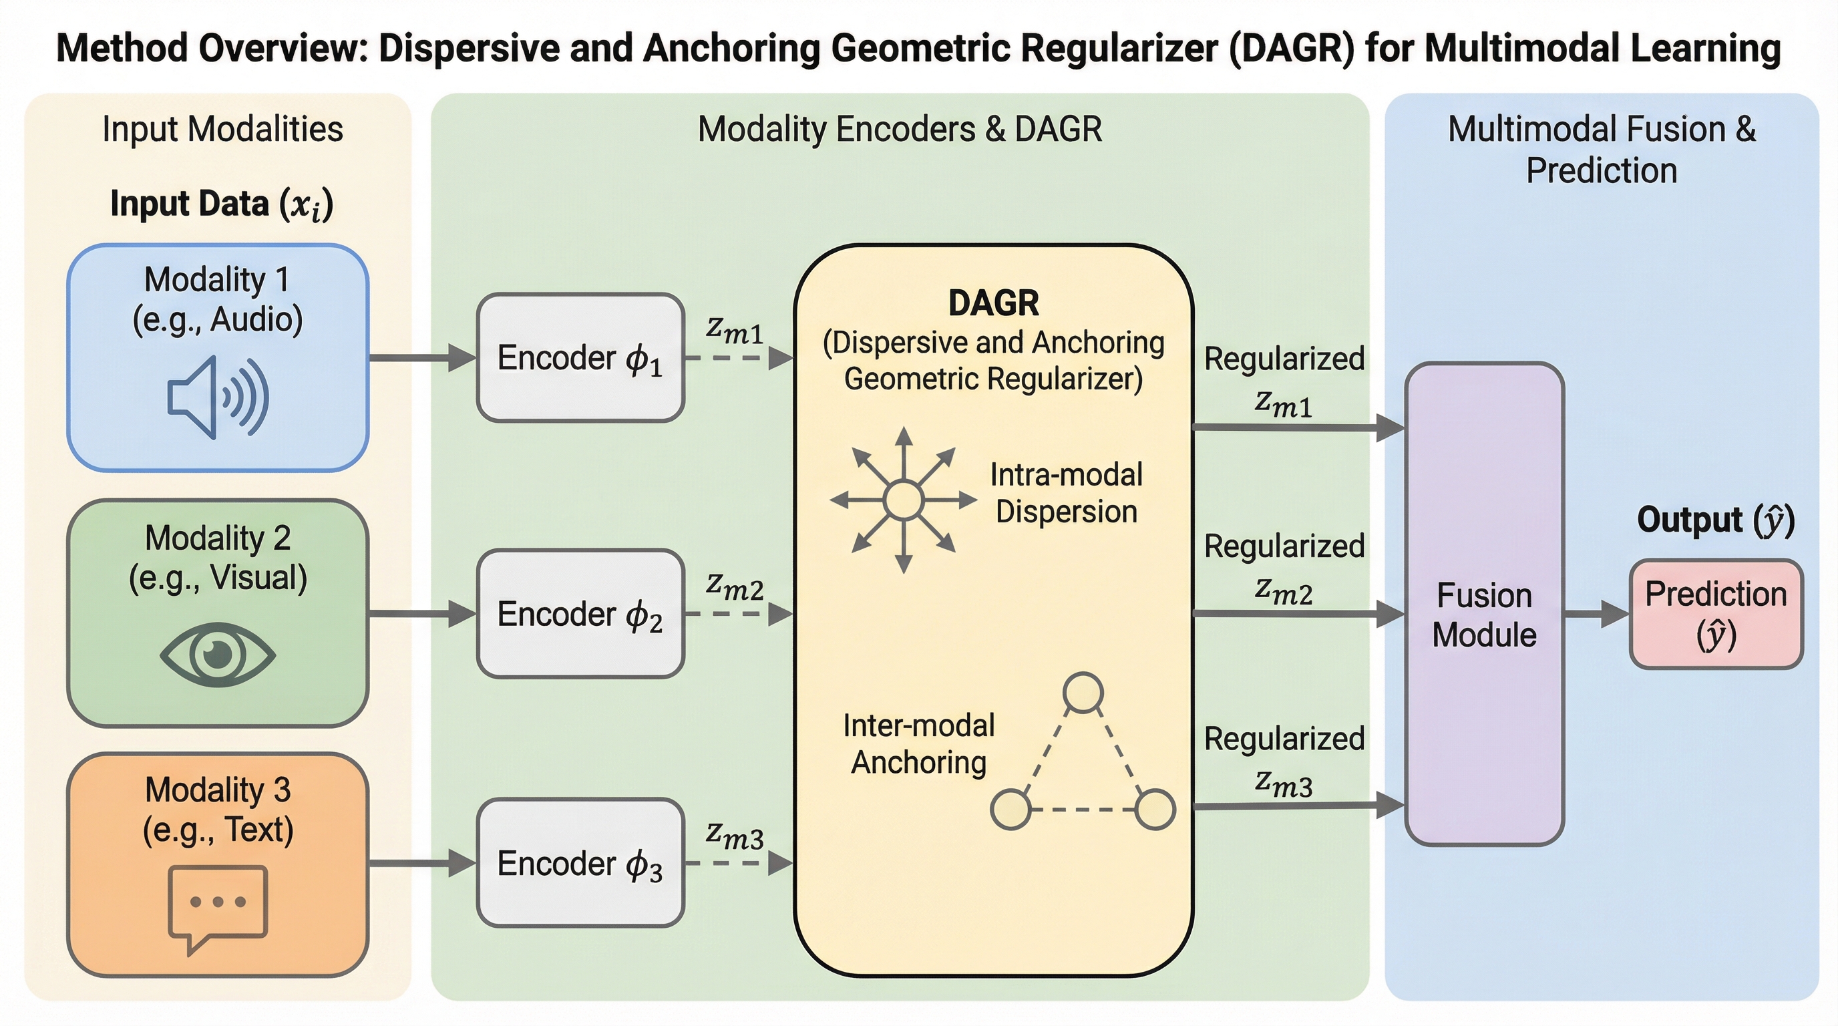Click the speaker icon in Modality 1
[x=218, y=397]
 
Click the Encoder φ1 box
[x=580, y=357]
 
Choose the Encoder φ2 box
[x=580, y=614]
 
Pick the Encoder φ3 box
[x=580, y=862]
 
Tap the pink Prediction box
[x=1716, y=615]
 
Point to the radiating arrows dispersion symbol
[x=903, y=500]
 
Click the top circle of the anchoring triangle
[x=1083, y=692]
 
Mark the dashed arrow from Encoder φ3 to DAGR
[x=739, y=863]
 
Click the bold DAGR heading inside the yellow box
[x=993, y=303]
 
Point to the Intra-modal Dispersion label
[x=1066, y=493]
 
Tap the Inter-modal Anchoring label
[x=918, y=743]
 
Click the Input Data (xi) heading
[x=221, y=204]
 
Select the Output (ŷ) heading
[x=1715, y=520]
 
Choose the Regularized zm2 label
[x=1284, y=567]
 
